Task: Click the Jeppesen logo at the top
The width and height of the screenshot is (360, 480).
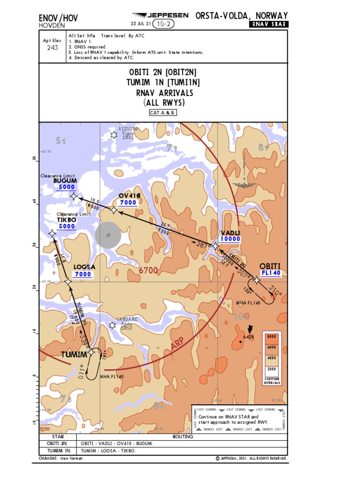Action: [161, 15]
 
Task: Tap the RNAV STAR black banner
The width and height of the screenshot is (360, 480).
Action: [269, 24]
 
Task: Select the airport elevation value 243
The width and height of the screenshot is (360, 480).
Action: [53, 47]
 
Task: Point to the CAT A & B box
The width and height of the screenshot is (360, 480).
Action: [163, 112]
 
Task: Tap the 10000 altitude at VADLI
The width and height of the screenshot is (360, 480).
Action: [230, 239]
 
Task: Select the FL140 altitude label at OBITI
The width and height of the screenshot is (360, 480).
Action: [270, 273]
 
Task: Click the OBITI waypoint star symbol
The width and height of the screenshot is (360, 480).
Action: [256, 280]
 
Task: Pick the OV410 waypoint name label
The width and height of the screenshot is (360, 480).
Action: [129, 195]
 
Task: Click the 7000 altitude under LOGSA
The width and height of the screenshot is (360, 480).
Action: [83, 274]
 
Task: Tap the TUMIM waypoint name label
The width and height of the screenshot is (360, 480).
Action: [74, 354]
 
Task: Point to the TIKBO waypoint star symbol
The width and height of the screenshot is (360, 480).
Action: [52, 233]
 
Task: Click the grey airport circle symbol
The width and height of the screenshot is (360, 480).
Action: [108, 235]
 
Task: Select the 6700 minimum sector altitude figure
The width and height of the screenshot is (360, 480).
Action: [148, 270]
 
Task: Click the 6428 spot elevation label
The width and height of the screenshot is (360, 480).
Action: [248, 337]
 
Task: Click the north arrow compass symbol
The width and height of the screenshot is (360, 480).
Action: [244, 180]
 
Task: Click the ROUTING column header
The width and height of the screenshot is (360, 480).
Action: [182, 436]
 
